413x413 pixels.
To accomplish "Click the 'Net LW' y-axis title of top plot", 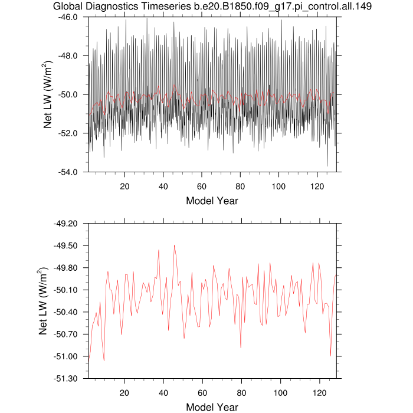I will tap(50, 94).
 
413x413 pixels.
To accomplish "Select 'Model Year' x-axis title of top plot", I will tap(212, 201).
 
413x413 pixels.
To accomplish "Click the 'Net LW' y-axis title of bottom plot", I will tap(44, 301).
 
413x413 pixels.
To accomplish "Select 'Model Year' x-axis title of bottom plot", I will tap(212, 407).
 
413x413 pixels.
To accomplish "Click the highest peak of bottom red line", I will tap(174, 245).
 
